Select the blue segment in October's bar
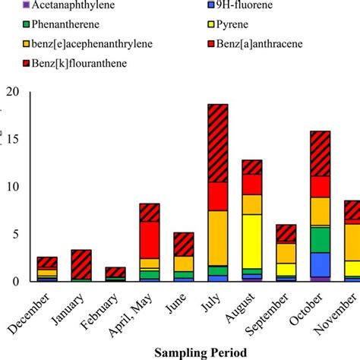(x=321, y=264)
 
